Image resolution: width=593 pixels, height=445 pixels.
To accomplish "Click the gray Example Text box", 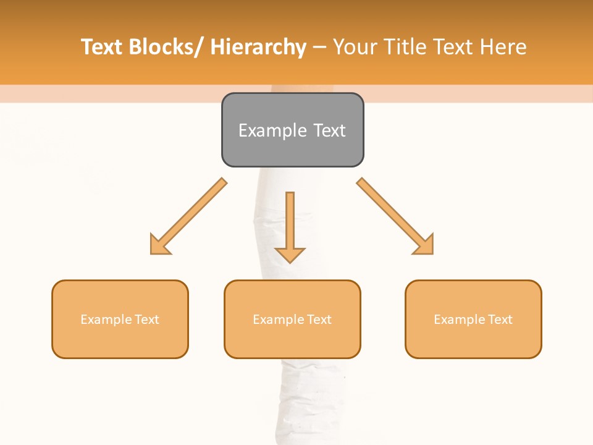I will point(292,130).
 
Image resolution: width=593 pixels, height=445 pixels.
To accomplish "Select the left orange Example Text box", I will point(120,319).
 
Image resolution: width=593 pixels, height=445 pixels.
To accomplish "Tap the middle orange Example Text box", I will point(292,319).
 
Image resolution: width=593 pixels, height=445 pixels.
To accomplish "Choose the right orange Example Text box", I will point(473,319).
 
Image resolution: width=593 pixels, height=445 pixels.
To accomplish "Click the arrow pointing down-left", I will point(188,216).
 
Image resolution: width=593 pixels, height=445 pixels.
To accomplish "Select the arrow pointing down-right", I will point(395,216).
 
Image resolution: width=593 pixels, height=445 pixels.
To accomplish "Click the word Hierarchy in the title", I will point(258,47).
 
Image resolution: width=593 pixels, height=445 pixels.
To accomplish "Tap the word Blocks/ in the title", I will point(166,47).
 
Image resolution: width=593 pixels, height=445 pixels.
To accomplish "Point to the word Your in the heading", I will point(356,47).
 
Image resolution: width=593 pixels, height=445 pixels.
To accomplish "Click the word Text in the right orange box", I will point(500,320).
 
